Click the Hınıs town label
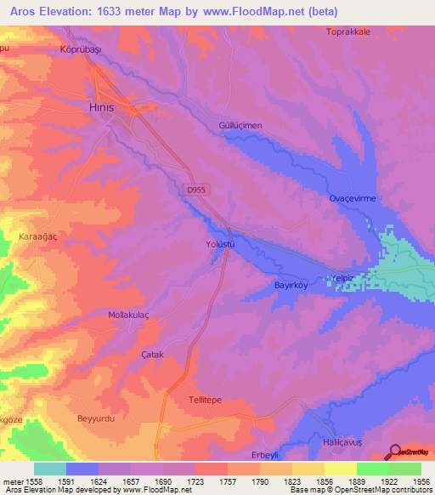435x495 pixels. [102, 108]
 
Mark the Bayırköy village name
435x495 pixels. [294, 286]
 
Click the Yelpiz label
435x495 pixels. [342, 278]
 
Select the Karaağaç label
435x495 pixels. [38, 238]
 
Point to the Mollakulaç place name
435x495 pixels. [128, 315]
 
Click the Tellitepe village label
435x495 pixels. [204, 399]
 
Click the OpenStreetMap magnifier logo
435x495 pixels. [394, 452]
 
